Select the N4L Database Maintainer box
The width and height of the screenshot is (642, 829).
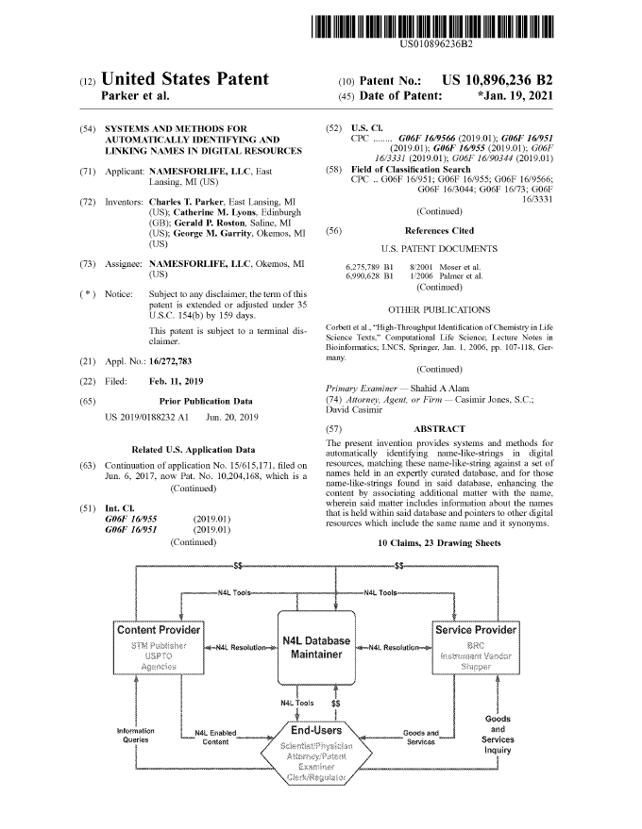316,650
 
